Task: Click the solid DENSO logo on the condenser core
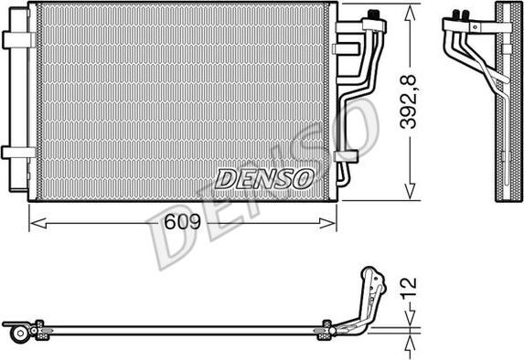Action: click(264, 178)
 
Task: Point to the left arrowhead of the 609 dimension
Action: click(35, 219)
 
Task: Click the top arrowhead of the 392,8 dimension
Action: click(407, 8)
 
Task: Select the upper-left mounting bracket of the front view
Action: click(17, 40)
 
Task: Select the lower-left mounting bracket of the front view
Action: click(17, 153)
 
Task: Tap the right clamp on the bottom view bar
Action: click(324, 330)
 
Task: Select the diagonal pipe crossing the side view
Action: click(480, 64)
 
